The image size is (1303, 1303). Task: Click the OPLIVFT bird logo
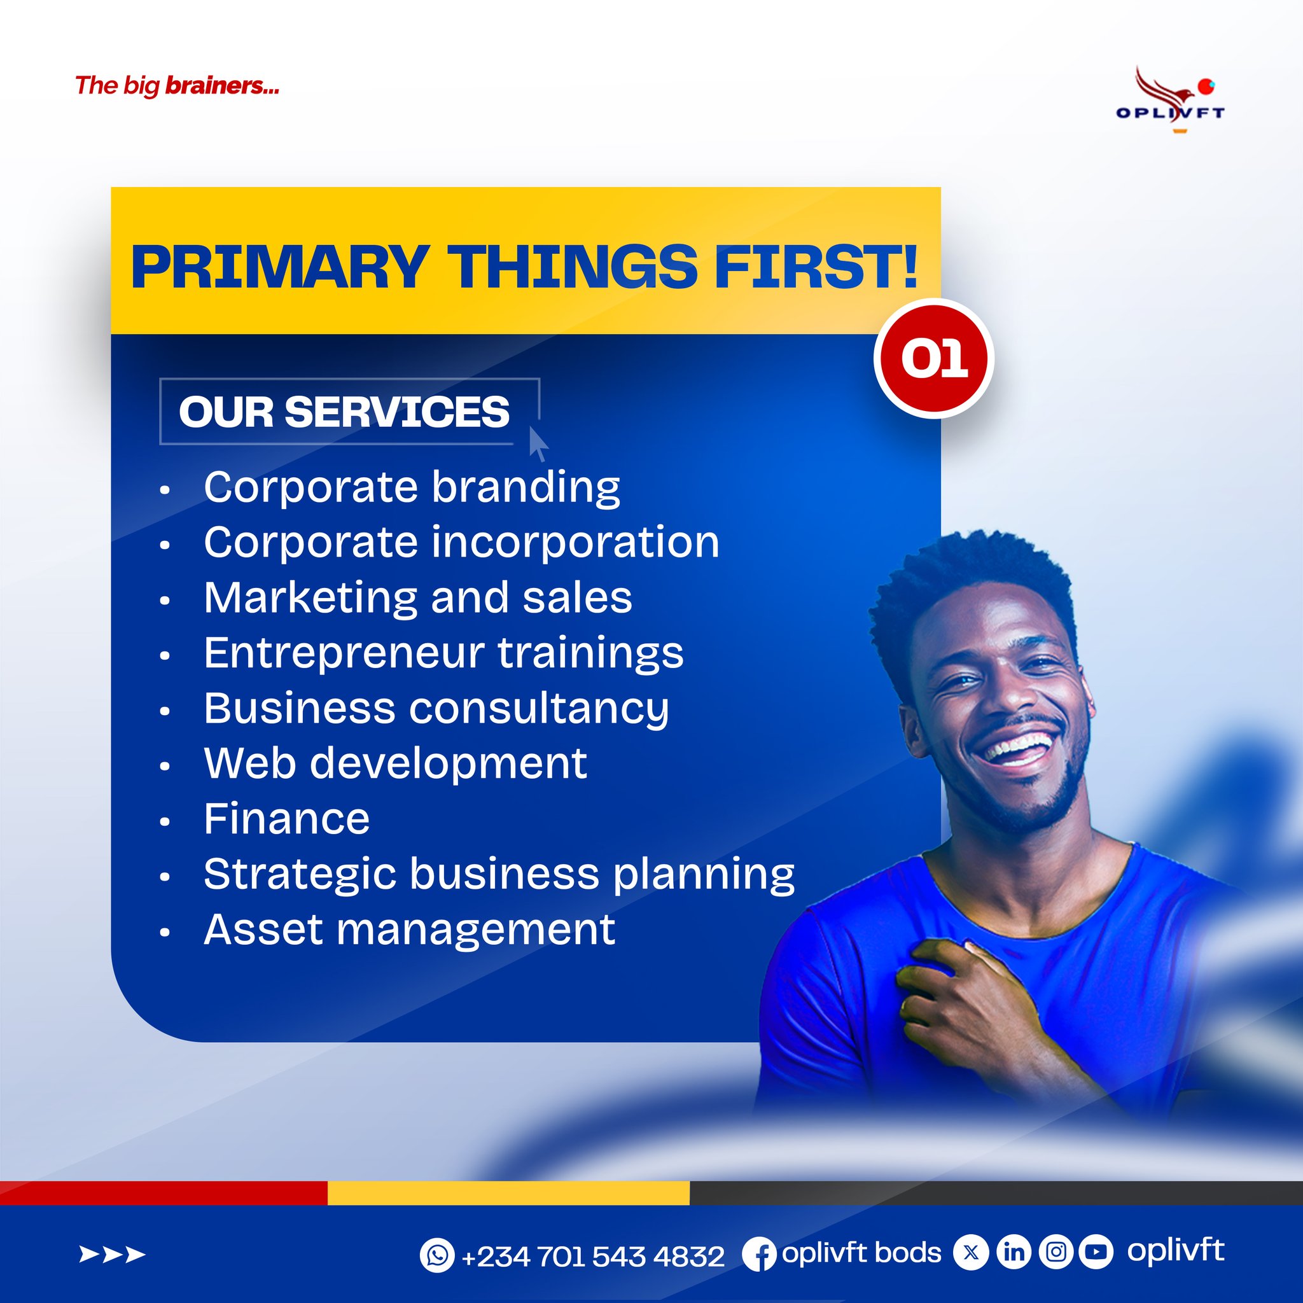pos(1170,100)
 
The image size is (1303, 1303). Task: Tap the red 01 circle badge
pos(934,358)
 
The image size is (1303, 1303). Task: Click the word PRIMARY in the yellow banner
pos(280,267)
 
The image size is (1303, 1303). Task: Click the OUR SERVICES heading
pos(344,412)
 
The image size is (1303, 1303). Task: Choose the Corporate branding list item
pos(412,487)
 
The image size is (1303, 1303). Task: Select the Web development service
pos(395,763)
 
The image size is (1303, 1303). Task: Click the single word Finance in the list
pos(287,819)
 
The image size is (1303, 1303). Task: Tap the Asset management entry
pos(409,930)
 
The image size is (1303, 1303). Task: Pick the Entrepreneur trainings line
pos(444,653)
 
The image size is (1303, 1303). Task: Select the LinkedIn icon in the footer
pos(1014,1252)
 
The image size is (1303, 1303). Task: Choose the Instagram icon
pos(1056,1251)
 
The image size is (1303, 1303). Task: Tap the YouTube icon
pos(1097,1251)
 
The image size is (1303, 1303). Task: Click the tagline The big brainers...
pos(178,87)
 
